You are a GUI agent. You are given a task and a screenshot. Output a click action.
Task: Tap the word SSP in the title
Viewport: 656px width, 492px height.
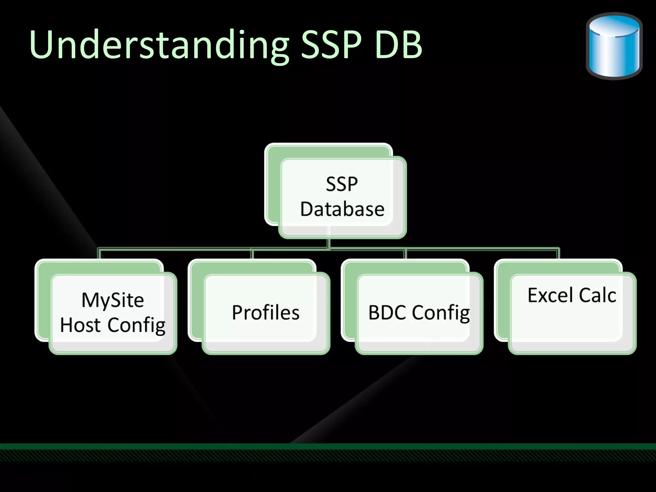point(331,45)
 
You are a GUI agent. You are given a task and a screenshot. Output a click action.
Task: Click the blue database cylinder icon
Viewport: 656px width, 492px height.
point(614,46)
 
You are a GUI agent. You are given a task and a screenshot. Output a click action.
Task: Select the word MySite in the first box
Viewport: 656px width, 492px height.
point(112,300)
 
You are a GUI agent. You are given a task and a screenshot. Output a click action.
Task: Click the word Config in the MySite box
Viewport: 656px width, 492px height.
point(136,325)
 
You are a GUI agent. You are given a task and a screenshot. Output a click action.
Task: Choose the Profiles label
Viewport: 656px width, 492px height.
point(266,313)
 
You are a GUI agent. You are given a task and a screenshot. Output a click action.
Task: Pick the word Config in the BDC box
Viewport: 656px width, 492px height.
point(441,313)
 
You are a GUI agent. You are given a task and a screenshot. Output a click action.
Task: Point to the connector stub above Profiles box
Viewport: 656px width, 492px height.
point(252,254)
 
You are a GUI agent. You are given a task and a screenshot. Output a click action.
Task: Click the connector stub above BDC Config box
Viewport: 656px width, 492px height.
point(405,254)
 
